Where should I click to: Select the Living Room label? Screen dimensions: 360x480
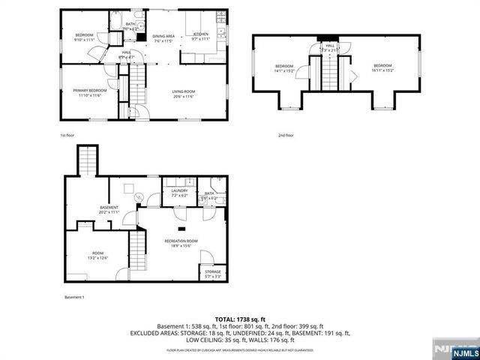tap(183, 94)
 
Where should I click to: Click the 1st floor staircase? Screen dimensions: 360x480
tap(137, 84)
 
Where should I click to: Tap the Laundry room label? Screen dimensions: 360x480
tap(178, 193)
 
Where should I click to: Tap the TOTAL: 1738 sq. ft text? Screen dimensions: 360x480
tap(240, 320)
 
